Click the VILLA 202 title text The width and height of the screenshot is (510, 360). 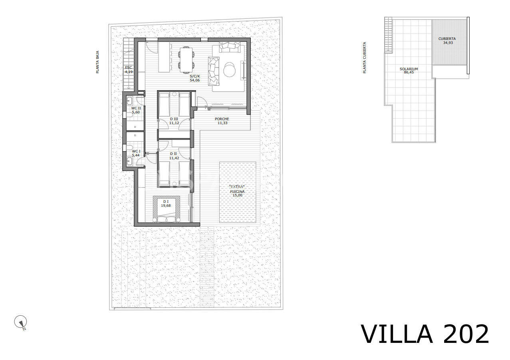click(425, 334)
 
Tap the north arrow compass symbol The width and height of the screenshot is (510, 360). click(21, 322)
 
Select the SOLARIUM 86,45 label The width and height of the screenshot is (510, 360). click(409, 71)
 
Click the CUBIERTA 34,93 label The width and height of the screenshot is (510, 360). click(447, 41)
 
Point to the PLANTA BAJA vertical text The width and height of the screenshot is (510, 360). click(97, 62)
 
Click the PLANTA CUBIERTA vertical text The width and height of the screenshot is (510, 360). click(365, 57)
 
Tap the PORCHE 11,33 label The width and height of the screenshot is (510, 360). click(222, 121)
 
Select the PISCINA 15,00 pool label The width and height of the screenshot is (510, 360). click(237, 194)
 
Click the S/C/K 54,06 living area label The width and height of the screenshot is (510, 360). click(194, 78)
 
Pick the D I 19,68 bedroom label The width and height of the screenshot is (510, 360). click(166, 204)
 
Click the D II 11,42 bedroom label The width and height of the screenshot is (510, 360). click(174, 156)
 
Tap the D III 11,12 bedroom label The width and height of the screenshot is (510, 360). click(174, 121)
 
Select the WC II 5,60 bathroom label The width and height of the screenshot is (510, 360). click(136, 110)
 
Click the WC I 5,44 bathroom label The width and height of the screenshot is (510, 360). click(136, 153)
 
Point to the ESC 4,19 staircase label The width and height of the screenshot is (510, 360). click(129, 69)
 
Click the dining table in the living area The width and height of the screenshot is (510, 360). click(186, 59)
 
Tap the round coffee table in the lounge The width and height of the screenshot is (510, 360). click(230, 69)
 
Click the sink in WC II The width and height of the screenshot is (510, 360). click(129, 101)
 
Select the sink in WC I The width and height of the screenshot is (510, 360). click(129, 161)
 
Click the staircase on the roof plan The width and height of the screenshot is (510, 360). click(389, 35)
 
